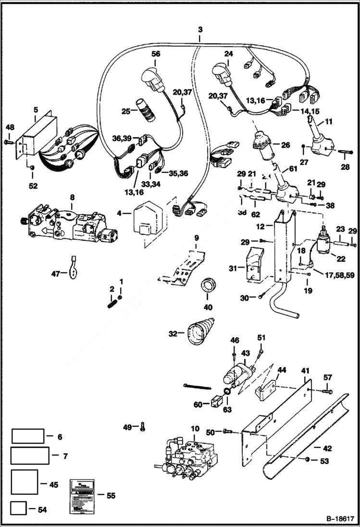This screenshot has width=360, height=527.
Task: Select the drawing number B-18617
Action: point(340,519)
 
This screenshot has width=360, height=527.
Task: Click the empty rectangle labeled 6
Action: point(28,437)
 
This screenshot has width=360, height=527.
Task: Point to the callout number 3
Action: point(200,29)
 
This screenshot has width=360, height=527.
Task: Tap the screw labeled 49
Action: point(143,427)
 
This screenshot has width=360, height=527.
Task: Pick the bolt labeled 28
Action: point(343,153)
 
